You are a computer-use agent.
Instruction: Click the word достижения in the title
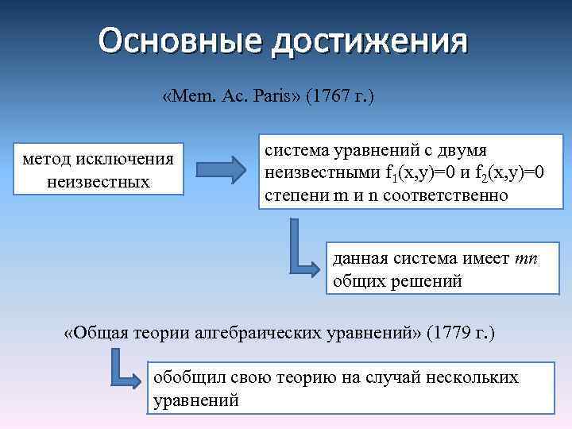tap(369, 41)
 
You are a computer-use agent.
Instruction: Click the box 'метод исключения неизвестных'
tap(98, 169)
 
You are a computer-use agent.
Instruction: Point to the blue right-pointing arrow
tap(221, 170)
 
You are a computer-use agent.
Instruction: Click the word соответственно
tap(445, 195)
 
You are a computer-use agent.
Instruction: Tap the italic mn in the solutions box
tap(527, 258)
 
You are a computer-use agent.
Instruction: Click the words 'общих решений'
tap(397, 280)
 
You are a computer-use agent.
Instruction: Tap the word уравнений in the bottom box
tap(195, 400)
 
